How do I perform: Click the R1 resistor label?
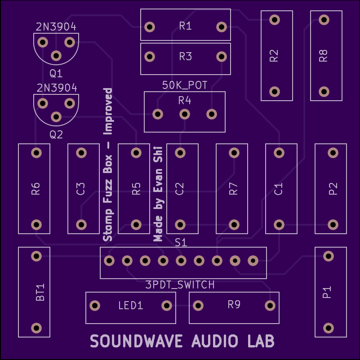pos(185,26)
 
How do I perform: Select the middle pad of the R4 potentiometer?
pos(184,114)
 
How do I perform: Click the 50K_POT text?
pos(185,85)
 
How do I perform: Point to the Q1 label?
pos(56,73)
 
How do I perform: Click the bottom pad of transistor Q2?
pos(56,117)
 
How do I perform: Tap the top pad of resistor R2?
pos(274,20)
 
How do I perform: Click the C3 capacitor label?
pos(81,189)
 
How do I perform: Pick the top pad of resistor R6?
pos(36,153)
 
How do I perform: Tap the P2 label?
pos(333,189)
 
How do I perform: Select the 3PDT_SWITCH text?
pos(180,284)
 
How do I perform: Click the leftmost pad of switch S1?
pos(109,261)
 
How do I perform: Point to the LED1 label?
pos(130,306)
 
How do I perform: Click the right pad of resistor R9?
pos(270,306)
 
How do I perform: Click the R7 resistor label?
pos(233,189)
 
